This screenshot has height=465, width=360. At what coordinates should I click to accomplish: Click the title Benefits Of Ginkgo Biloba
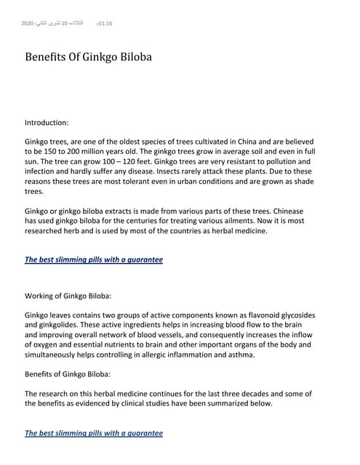coord(89,56)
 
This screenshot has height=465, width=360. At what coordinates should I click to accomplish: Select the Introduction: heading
coord(47,124)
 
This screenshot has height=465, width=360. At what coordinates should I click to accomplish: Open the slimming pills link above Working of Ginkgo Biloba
coord(94,259)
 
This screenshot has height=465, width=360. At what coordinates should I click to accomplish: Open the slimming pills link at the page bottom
coord(94,432)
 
